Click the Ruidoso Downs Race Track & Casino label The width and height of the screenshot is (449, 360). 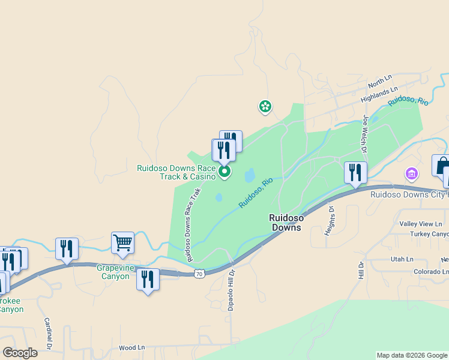[x=176, y=173]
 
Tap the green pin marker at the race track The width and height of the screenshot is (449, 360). [x=224, y=172]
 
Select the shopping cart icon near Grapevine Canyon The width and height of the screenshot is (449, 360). [x=122, y=243]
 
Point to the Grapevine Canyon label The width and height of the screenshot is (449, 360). [x=113, y=272]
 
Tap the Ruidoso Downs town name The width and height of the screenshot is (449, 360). [x=286, y=223]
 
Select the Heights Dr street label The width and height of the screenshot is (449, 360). [x=330, y=221]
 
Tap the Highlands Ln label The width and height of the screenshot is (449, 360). [x=379, y=93]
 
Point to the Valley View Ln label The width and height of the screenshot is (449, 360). [x=420, y=224]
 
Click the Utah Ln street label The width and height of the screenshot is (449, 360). [x=402, y=259]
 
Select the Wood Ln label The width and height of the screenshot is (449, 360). [x=132, y=347]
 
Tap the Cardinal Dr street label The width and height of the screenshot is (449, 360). [x=47, y=329]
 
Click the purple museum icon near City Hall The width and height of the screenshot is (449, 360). [x=411, y=175]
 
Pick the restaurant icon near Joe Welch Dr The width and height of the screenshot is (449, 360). [x=355, y=172]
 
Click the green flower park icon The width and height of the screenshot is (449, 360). [x=265, y=107]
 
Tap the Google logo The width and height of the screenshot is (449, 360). [x=20, y=353]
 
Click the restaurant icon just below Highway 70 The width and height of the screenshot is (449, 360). [x=148, y=280]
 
